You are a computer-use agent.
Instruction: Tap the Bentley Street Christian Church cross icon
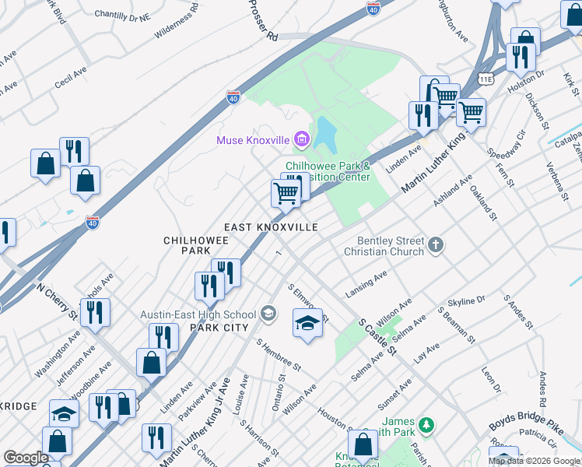[436, 246]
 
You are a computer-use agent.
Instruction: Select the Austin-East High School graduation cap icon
[268, 314]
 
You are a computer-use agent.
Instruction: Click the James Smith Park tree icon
[426, 425]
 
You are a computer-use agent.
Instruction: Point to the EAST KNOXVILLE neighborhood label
[271, 226]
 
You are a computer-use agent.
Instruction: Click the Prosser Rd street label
[263, 20]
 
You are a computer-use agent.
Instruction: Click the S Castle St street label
[377, 336]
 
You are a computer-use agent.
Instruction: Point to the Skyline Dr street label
[466, 300]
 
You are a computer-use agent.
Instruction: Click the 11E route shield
[486, 79]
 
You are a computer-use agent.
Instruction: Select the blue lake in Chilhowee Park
[324, 135]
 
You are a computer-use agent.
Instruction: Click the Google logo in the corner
[26, 458]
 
